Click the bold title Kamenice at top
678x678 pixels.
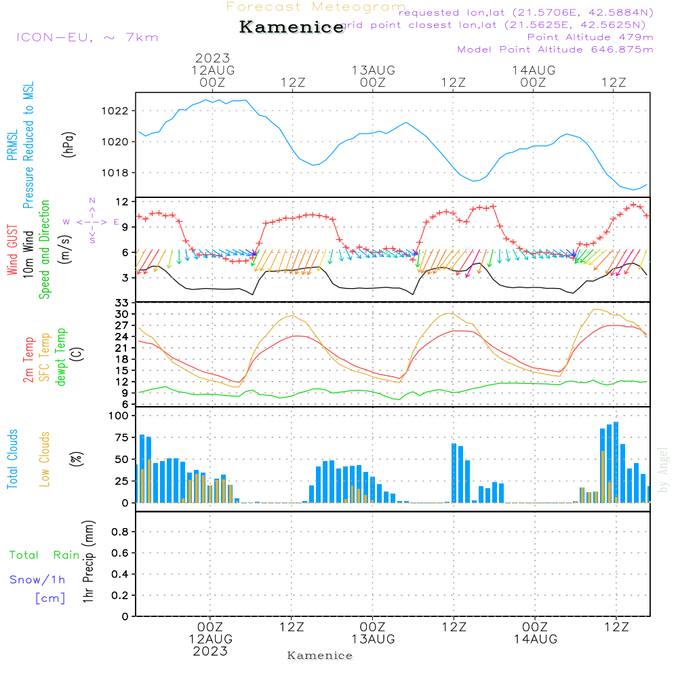click(292, 28)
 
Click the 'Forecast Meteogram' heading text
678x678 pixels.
click(316, 7)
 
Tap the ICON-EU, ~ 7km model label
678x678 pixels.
click(87, 37)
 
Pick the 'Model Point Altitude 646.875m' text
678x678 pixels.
click(555, 49)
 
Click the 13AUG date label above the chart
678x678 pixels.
click(373, 70)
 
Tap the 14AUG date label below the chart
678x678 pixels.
click(535, 639)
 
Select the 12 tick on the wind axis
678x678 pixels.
click(122, 202)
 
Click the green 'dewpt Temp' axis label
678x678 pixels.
click(62, 357)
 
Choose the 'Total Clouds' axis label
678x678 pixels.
click(12, 459)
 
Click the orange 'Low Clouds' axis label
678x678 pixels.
click(45, 459)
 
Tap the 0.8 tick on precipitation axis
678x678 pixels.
click(119, 532)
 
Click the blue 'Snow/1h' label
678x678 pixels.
click(37, 580)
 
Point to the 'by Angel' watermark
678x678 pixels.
click(664, 470)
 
